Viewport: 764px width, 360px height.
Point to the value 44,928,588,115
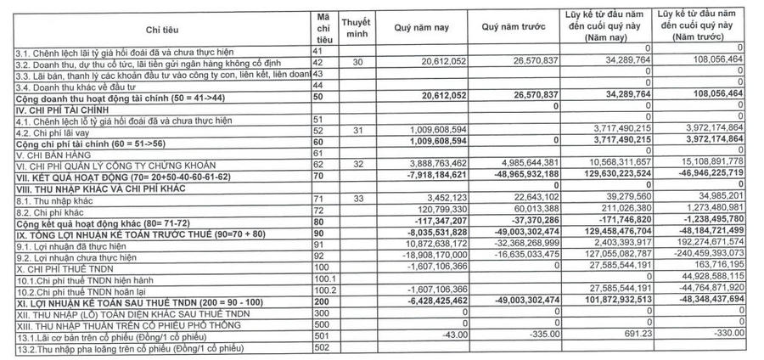click(707, 277)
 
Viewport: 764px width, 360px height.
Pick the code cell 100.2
click(323, 288)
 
